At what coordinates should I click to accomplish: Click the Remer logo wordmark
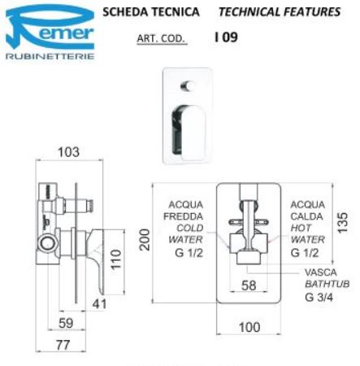pos(50,28)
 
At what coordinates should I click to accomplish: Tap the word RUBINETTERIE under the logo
pos(50,56)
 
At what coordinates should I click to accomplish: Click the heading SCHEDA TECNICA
pos(151,12)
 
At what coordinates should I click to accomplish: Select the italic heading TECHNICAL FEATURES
pos(280,12)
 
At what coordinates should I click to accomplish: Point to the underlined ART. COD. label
pos(162,38)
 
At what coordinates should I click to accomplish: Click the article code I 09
pos(226,37)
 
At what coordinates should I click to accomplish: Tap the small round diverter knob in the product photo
pos(188,86)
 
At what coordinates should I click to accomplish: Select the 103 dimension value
pos(69,152)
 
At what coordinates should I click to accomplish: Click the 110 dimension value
pos(116,259)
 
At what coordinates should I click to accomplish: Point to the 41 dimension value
pos(99,304)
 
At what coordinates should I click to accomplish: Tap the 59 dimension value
pos(66,323)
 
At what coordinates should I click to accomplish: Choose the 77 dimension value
pos(63,345)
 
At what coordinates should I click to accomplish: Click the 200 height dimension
pos(145,240)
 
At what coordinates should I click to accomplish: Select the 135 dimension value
pos(343,223)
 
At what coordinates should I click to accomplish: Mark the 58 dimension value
pos(249,285)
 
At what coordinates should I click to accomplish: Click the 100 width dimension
pos(249,327)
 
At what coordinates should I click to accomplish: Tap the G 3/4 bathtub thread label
pos(319,298)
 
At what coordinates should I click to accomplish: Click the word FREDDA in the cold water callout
pos(183,216)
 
